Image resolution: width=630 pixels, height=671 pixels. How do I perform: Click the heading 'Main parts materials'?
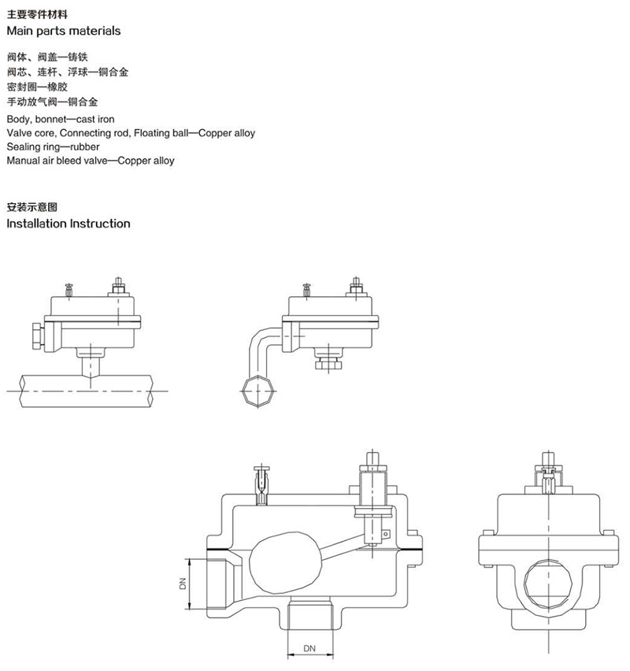tap(64, 31)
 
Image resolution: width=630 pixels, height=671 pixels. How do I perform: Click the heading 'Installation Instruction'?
tap(69, 224)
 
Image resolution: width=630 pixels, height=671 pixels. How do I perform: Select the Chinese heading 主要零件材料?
tap(37, 14)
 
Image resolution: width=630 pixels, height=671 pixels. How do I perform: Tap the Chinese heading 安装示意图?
tap(32, 207)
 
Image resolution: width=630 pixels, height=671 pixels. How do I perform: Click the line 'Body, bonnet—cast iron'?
tap(61, 120)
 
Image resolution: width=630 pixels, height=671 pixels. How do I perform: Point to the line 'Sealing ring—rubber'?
tap(53, 146)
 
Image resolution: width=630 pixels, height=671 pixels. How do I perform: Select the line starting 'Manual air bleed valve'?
tap(91, 161)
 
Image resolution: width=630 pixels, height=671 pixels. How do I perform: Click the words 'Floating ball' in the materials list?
tap(161, 133)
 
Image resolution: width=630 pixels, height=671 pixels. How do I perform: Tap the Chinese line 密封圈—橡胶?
tap(37, 87)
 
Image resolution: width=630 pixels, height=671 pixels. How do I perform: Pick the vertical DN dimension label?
tap(183, 584)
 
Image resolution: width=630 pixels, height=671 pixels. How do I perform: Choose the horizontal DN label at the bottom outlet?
tap(309, 649)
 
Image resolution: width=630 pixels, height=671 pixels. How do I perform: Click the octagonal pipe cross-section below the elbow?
tap(258, 391)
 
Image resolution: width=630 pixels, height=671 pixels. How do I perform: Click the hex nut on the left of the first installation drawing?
tap(38, 336)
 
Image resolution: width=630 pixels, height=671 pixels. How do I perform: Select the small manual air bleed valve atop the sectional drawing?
tap(261, 485)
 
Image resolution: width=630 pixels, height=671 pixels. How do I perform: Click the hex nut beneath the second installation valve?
tap(328, 365)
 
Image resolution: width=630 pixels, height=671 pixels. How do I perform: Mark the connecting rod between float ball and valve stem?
tap(343, 547)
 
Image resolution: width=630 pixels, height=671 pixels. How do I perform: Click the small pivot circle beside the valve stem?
tap(386, 534)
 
